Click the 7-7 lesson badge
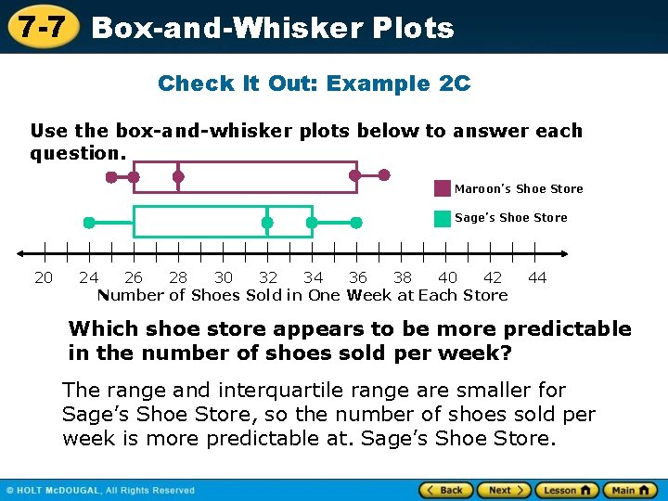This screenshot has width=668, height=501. [40, 26]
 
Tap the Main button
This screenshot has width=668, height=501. [630, 490]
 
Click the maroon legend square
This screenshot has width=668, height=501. [443, 188]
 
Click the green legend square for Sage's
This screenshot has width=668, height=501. [443, 218]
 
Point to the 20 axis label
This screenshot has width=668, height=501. [44, 277]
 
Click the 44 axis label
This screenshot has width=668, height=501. [537, 277]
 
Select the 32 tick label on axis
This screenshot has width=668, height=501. [268, 277]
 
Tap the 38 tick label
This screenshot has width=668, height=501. [403, 277]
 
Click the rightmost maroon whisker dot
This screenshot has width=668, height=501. [385, 174]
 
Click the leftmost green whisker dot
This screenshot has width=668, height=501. [89, 223]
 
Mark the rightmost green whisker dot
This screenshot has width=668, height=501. [356, 223]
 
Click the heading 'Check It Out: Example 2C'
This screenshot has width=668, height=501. [315, 83]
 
